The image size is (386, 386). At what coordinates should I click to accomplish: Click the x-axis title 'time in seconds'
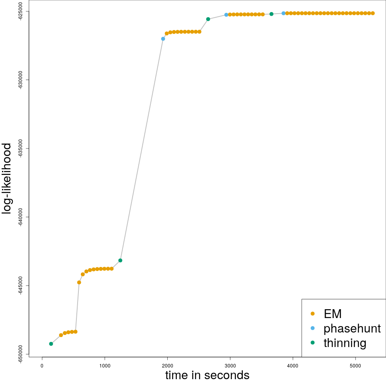207,375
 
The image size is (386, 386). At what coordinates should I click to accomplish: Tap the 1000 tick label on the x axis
105,365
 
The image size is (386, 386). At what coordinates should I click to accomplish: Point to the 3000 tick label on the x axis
230,365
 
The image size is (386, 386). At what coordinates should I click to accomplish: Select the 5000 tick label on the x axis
355,365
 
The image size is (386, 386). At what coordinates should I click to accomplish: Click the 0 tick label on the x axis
42,365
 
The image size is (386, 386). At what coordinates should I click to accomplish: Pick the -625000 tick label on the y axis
20,11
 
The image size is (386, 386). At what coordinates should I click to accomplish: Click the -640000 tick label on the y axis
20,217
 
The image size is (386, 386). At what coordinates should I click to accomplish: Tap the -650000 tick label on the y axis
20,354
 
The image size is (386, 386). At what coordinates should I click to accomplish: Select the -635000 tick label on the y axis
20,148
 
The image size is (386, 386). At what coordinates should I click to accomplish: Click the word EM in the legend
333,314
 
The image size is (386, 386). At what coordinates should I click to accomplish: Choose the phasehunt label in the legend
352,329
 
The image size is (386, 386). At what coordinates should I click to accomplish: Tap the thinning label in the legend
345,343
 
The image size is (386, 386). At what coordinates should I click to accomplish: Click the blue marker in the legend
313,328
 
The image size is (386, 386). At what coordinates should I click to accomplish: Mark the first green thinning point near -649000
51,344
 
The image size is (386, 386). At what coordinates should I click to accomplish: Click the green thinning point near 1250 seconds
120,261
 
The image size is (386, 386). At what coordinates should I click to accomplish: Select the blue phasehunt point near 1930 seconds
163,39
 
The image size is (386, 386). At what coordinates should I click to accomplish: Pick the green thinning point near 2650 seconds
208,19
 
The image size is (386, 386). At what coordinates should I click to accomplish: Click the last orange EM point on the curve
373,13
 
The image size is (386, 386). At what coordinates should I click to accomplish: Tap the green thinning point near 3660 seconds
271,14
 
